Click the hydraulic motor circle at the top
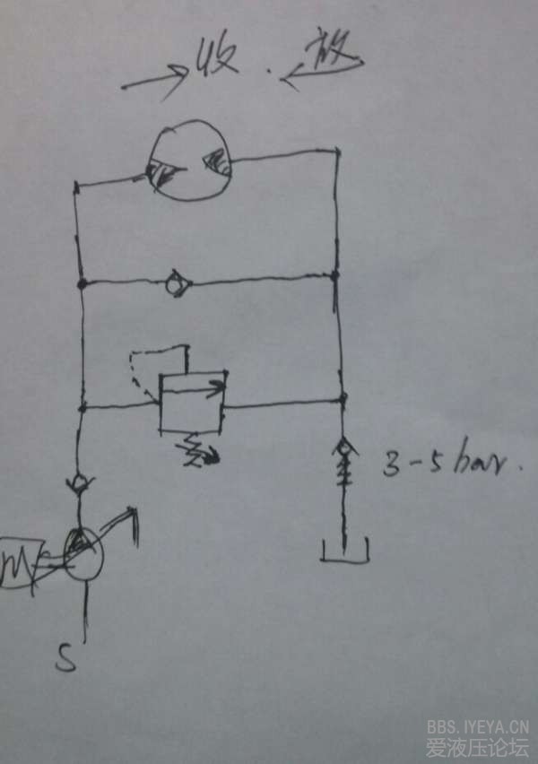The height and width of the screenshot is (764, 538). pos(188,161)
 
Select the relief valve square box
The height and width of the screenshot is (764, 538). pos(190,401)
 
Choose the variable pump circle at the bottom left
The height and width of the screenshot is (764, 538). pos(82,556)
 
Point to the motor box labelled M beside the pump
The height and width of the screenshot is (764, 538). pos(21,561)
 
